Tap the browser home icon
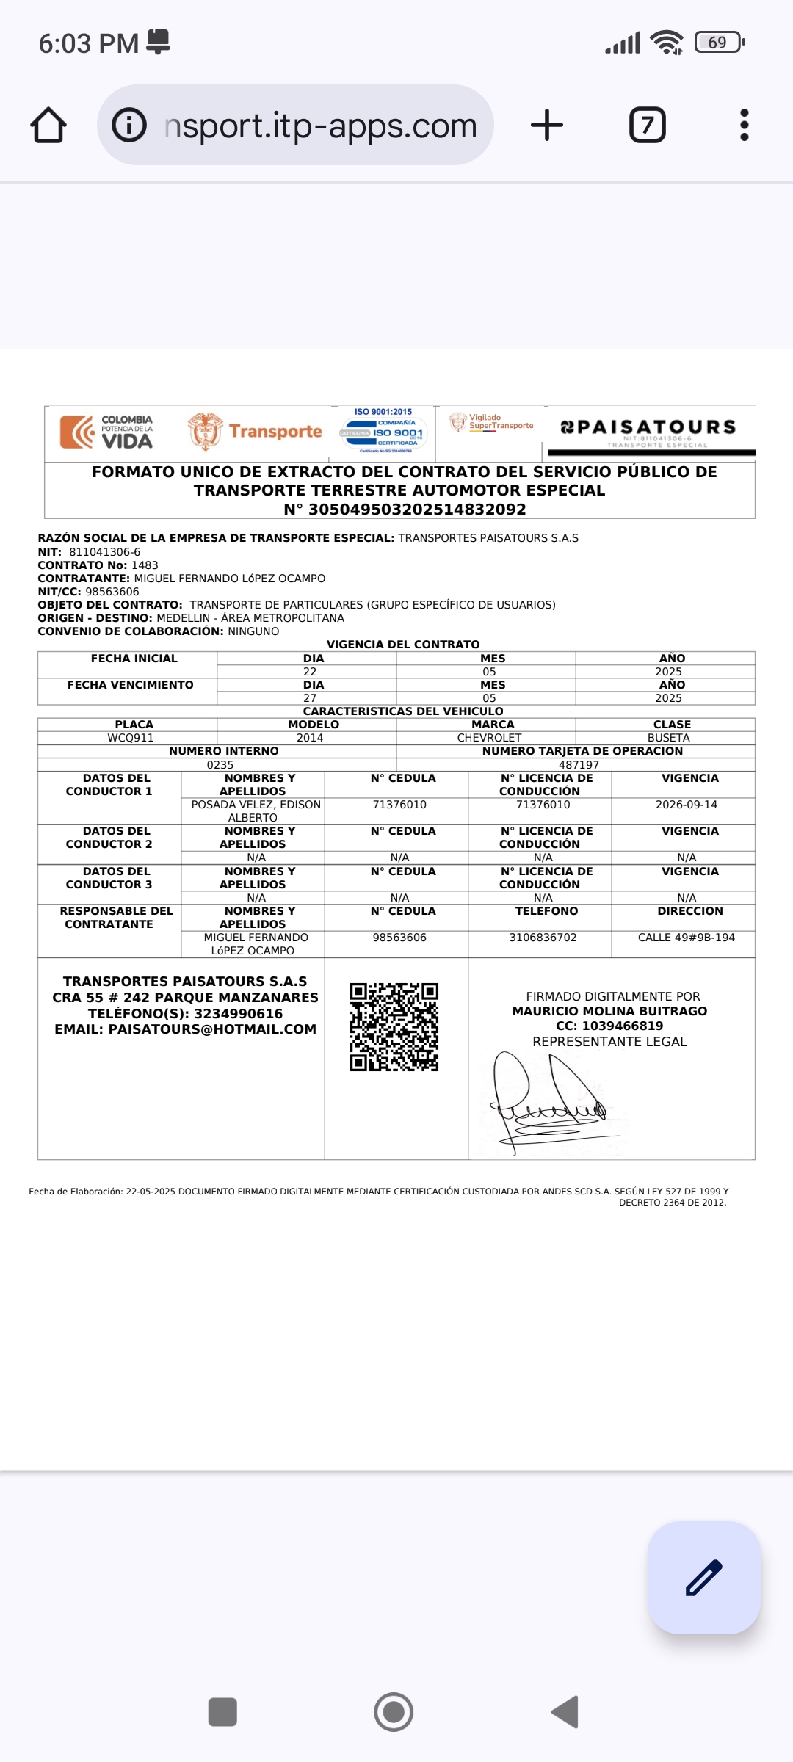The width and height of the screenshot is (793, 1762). coord(48,125)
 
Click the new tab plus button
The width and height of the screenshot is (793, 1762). coord(547,125)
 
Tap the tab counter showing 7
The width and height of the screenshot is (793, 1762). coord(648,125)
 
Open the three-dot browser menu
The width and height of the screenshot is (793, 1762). coord(745,125)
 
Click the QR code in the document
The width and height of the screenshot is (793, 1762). coord(394,1027)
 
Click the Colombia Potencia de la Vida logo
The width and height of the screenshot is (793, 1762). coord(107,432)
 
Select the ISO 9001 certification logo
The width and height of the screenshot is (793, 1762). coord(383,432)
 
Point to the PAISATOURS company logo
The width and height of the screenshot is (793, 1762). coord(649,430)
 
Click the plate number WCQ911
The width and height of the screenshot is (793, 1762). coord(131,738)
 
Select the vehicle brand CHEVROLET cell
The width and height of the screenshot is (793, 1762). coord(489,738)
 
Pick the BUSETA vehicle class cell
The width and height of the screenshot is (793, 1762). coord(668,738)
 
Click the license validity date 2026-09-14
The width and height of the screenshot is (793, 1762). coord(687,805)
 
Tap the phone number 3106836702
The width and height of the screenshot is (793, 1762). coord(543,938)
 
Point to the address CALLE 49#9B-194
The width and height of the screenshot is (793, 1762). coord(687,938)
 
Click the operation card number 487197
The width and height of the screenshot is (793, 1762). coord(579,765)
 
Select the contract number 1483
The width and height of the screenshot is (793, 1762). coord(145,565)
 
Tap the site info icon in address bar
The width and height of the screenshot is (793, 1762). coord(129,125)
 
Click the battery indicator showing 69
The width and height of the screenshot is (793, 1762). coord(719,43)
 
